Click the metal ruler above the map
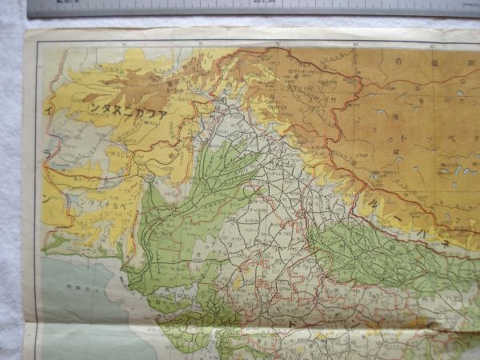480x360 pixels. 240,8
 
